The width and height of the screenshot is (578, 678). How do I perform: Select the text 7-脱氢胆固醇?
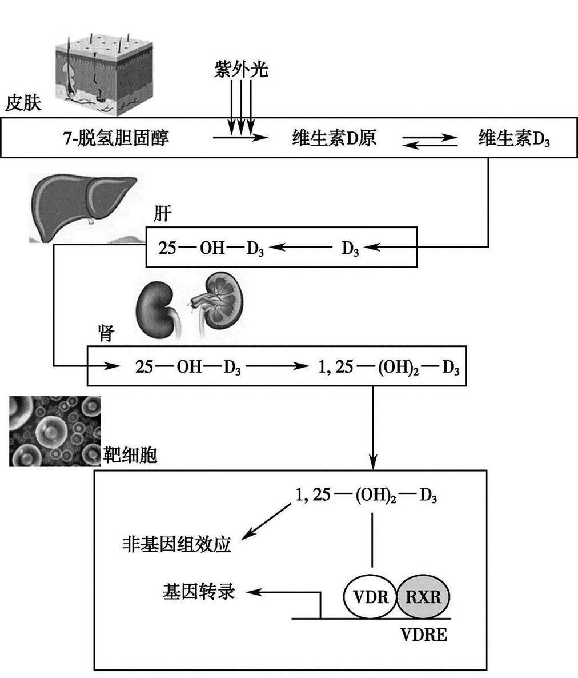[116, 138]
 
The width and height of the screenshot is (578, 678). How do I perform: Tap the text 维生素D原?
[334, 138]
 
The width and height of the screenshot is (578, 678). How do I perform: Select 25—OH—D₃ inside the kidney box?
[188, 366]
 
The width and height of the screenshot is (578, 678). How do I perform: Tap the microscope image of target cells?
[55, 430]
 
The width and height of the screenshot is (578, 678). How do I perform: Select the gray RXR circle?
[424, 597]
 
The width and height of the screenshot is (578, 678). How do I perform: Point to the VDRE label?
[423, 635]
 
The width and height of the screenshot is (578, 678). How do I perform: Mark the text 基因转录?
[198, 592]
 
